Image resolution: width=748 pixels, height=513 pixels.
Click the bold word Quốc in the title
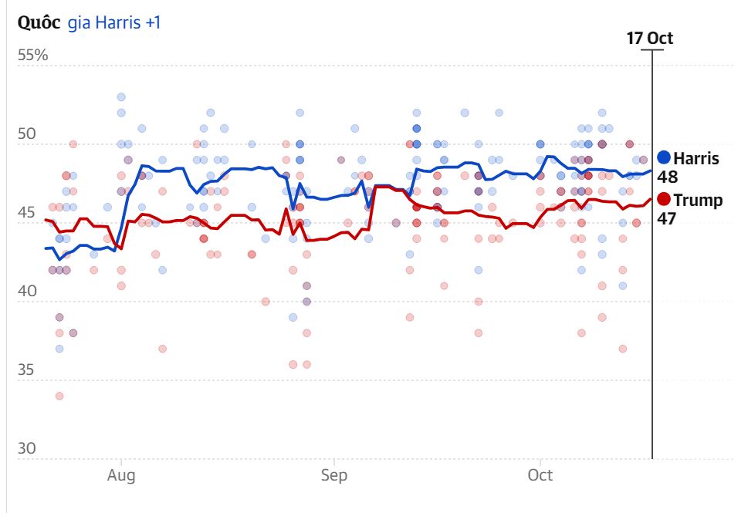[39, 22]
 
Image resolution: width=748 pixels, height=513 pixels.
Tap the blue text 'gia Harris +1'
[114, 22]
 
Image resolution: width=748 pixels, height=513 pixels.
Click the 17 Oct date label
[649, 39]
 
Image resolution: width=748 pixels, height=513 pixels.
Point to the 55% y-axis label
[32, 56]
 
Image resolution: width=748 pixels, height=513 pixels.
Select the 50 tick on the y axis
[27, 134]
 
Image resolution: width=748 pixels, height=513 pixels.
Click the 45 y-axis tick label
[27, 213]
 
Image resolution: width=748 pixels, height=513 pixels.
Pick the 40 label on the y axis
[27, 292]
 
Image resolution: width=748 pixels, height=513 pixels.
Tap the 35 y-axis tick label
[27, 370]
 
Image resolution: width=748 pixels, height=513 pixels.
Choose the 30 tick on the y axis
[27, 449]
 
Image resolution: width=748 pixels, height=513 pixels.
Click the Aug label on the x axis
[121, 475]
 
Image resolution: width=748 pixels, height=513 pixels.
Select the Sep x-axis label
[334, 475]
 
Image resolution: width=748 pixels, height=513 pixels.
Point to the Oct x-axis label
[540, 475]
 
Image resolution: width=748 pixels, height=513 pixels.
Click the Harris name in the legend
[696, 159]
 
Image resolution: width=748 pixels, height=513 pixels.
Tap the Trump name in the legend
[698, 201]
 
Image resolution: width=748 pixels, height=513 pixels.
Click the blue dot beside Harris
[664, 158]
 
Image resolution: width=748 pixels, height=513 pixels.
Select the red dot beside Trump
[664, 200]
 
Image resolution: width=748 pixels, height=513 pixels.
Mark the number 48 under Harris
[667, 177]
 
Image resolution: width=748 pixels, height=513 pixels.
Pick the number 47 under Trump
[666, 218]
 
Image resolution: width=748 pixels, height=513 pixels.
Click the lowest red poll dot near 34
[59, 396]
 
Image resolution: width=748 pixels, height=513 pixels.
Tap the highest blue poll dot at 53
[121, 96]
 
